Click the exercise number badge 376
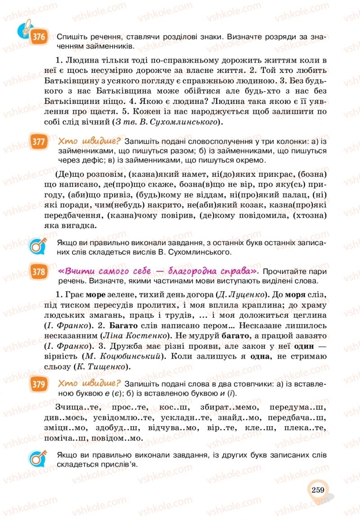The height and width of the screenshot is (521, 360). click(39, 37)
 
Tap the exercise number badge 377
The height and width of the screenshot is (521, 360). click(39, 142)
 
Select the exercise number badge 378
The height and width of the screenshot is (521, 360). click(39, 272)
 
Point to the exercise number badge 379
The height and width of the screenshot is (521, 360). click(39, 384)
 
